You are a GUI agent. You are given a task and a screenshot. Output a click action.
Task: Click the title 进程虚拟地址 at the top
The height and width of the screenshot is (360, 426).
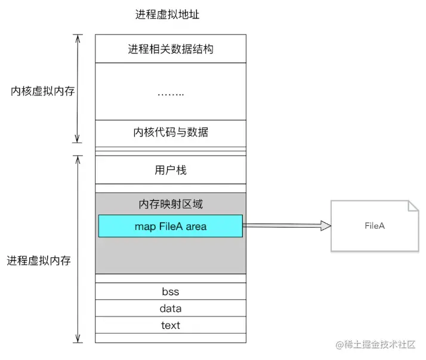pyautogui.click(x=167, y=14)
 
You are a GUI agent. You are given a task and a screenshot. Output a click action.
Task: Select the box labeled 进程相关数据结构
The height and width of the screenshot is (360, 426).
pyautogui.click(x=171, y=49)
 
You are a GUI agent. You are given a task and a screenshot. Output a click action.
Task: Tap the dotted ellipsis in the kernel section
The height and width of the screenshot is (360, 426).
pyautogui.click(x=171, y=95)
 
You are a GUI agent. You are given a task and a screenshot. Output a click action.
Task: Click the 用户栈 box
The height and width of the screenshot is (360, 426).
pyautogui.click(x=171, y=170)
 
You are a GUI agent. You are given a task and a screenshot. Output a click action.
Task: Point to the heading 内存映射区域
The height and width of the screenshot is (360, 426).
pyautogui.click(x=171, y=204)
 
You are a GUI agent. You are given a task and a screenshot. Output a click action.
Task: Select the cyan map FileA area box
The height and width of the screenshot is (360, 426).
pyautogui.click(x=171, y=226)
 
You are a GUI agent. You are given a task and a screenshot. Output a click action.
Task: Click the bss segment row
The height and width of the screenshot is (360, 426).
pyautogui.click(x=171, y=291)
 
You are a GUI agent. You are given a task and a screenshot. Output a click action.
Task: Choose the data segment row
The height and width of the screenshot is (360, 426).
pyautogui.click(x=171, y=308)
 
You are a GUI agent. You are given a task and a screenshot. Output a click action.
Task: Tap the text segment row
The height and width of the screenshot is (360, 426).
pyautogui.click(x=171, y=325)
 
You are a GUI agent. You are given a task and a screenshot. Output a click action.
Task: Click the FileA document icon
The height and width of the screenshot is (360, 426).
pyautogui.click(x=375, y=226)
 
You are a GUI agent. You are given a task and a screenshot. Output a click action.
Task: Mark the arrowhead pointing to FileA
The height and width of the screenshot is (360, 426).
pyautogui.click(x=326, y=226)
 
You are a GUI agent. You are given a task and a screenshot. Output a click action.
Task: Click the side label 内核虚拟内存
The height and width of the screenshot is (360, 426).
pyautogui.click(x=42, y=91)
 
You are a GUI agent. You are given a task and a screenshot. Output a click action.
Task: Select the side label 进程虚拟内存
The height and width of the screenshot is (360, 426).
pyautogui.click(x=39, y=260)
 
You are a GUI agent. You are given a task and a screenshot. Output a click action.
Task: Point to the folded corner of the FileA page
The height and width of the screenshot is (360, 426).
pyautogui.click(x=413, y=206)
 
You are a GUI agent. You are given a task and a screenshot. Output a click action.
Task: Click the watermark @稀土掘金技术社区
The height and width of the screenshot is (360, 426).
pyautogui.click(x=375, y=345)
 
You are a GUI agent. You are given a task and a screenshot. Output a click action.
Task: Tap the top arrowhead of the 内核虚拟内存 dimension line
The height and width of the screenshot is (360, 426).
pyautogui.click(x=78, y=38)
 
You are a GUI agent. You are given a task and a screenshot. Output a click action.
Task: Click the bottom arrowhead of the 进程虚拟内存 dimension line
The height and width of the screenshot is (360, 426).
pyautogui.click(x=78, y=339)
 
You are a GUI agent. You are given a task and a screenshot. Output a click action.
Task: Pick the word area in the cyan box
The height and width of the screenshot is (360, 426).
pyautogui.click(x=196, y=226)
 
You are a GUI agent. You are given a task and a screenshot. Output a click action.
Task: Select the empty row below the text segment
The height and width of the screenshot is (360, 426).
pyautogui.click(x=171, y=338)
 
